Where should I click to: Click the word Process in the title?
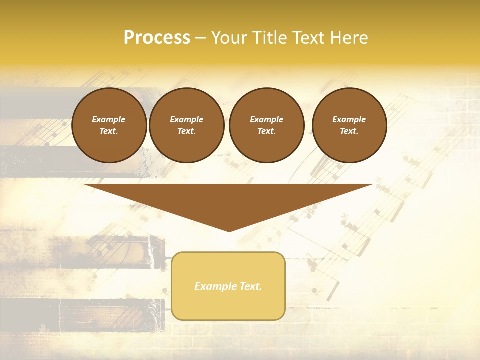[157, 38]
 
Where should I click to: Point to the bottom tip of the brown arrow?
[229, 231]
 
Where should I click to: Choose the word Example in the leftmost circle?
[109, 119]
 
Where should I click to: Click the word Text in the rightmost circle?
[349, 131]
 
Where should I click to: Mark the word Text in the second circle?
[186, 131]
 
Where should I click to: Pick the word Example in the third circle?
[266, 119]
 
